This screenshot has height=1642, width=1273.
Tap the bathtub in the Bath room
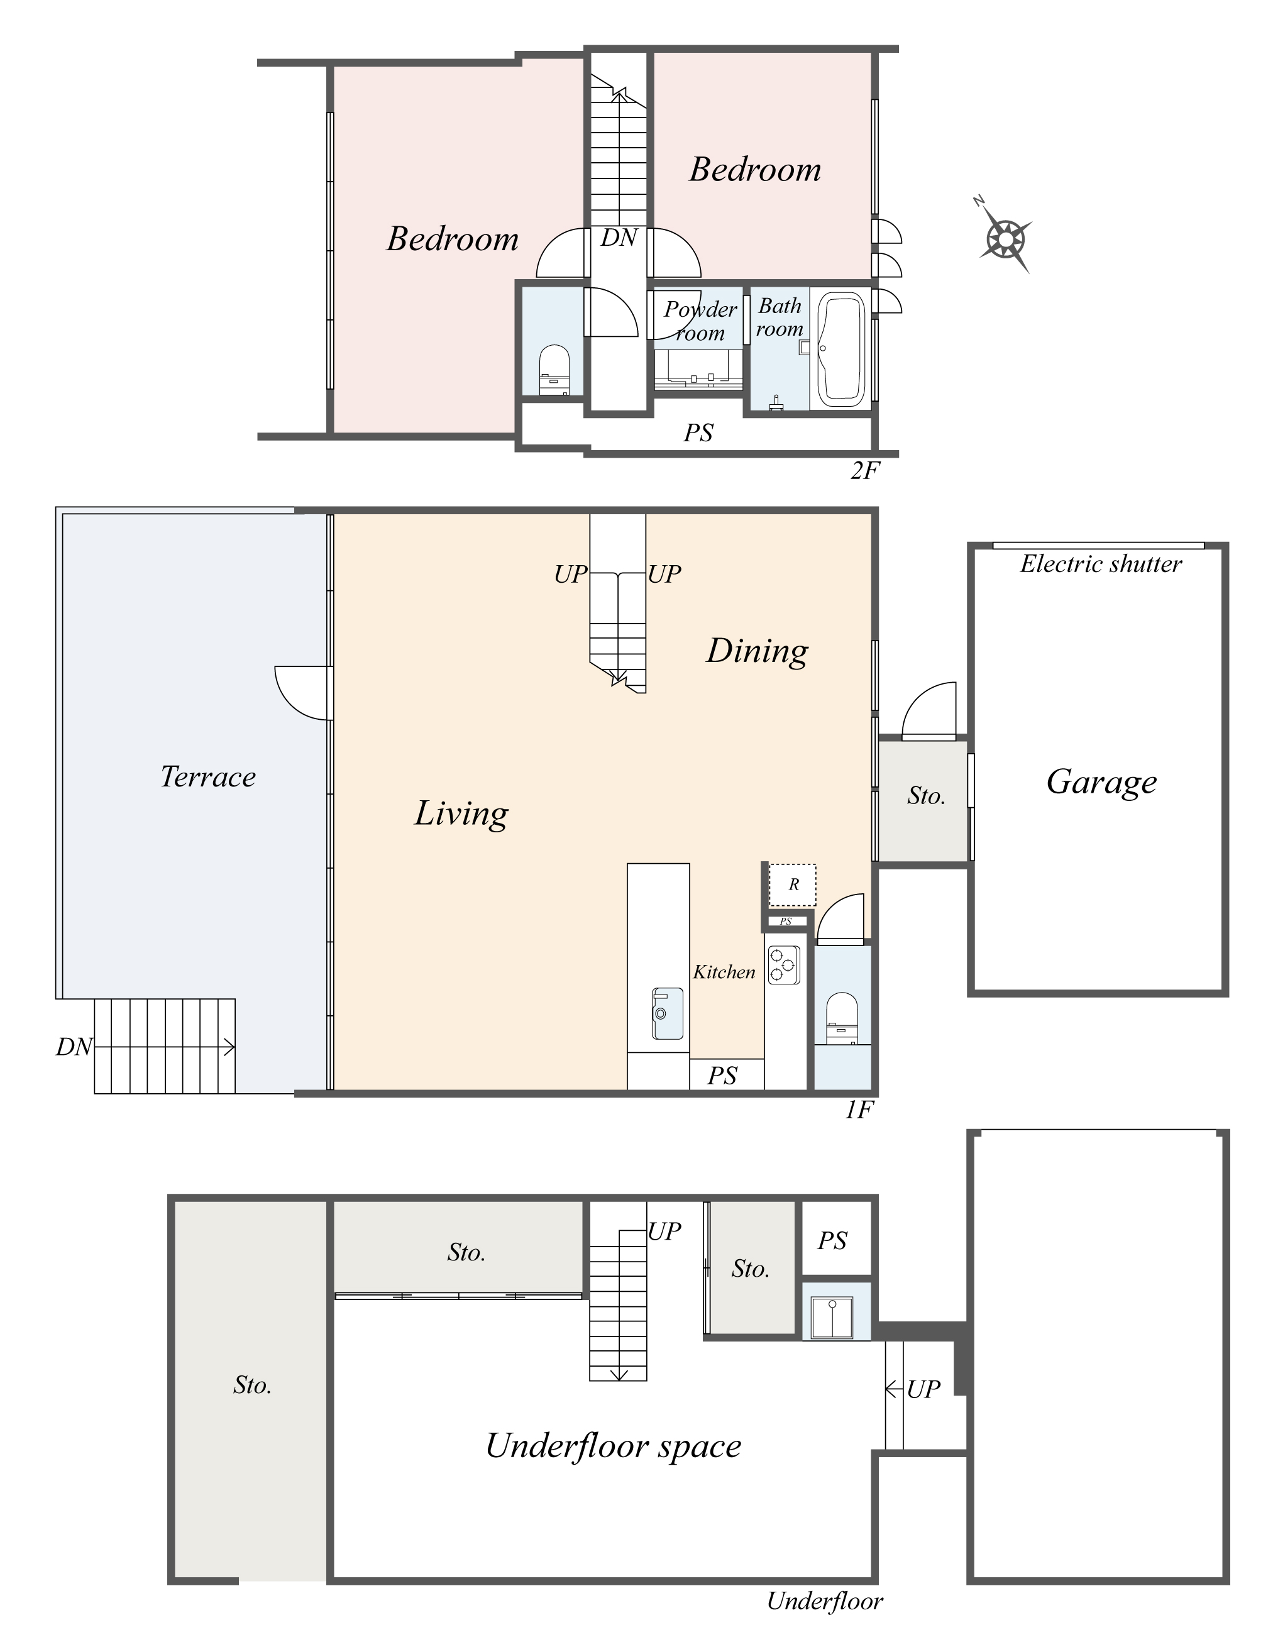click(840, 349)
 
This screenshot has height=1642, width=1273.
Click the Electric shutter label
click(1100, 564)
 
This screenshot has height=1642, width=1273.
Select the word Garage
click(1101, 782)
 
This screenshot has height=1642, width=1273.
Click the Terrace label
click(207, 776)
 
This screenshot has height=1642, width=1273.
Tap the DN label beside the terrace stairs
click(74, 1047)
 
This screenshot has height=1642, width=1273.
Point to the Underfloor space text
click(613, 1445)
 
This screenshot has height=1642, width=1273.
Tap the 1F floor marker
click(859, 1110)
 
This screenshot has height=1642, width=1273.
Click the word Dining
click(756, 651)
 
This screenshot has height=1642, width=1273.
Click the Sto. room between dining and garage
click(925, 795)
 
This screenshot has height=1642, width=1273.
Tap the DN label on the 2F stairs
click(619, 238)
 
